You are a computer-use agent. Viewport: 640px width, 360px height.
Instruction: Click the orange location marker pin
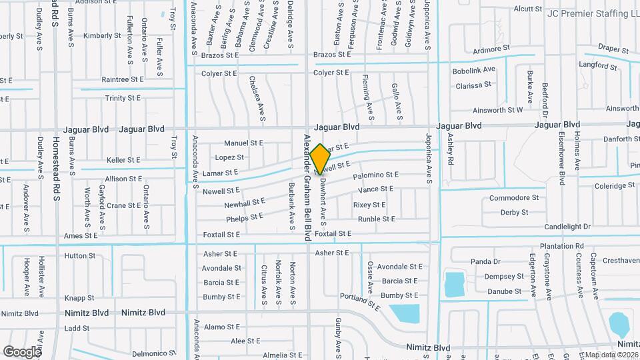320,158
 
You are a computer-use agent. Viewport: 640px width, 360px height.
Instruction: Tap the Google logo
22,351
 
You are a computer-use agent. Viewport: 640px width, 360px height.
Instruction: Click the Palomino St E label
375,175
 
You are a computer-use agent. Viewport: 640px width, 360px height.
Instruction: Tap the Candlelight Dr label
567,227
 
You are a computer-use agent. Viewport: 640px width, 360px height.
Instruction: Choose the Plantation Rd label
561,246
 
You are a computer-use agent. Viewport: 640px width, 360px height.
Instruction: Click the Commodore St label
513,198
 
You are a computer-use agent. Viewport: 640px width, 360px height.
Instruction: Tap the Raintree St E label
123,79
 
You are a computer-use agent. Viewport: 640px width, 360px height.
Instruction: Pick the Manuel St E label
243,143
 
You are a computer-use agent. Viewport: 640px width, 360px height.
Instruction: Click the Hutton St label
80,255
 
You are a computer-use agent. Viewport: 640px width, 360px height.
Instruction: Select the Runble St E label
376,219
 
